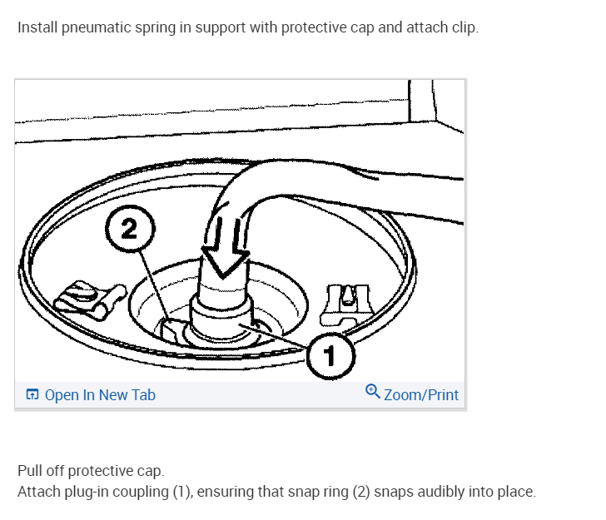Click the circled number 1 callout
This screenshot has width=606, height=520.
coord(330,358)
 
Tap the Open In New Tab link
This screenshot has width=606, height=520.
coord(99,395)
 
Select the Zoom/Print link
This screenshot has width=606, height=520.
coord(420,395)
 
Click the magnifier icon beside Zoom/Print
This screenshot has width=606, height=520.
coord(373,392)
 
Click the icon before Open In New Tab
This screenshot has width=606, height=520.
coord(32,395)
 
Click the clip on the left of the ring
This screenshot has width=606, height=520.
coord(83,297)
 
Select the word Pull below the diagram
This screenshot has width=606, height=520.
coord(31,472)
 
